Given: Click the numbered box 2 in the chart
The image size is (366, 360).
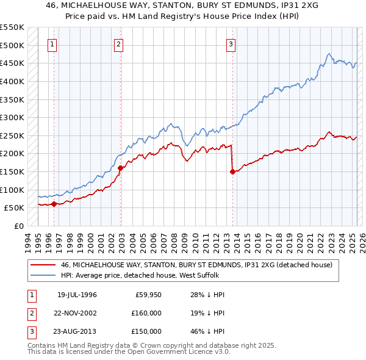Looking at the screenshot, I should [118, 44].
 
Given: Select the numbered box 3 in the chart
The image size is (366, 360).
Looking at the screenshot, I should [231, 44].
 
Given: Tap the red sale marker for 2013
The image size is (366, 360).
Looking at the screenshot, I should [232, 171].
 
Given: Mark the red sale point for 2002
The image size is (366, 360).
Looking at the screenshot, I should [121, 168].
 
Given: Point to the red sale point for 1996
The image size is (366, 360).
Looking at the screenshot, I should [54, 204].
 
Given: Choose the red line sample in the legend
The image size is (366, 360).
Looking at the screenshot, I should [43, 265].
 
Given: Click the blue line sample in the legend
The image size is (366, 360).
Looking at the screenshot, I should [43, 276].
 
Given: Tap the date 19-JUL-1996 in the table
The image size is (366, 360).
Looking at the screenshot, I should [77, 295].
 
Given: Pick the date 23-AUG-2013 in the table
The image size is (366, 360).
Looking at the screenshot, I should [77, 331].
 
